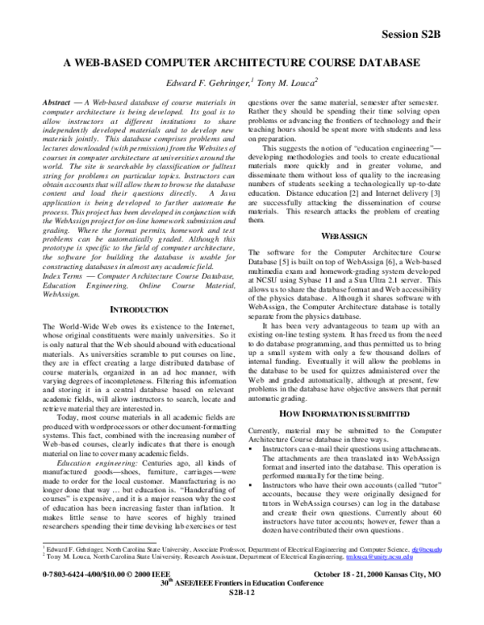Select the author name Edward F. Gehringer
(200, 83)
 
